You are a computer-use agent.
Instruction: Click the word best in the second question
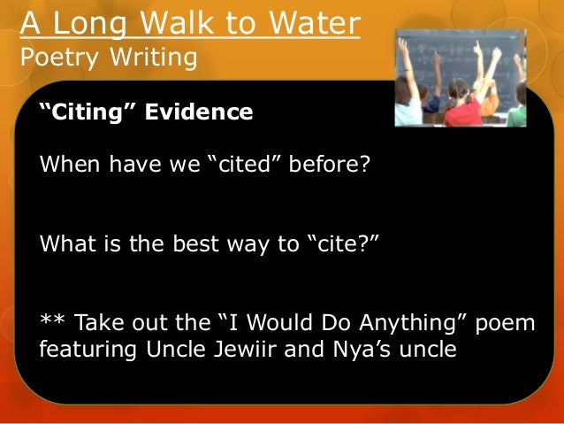187,244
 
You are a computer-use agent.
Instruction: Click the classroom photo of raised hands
460,77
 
